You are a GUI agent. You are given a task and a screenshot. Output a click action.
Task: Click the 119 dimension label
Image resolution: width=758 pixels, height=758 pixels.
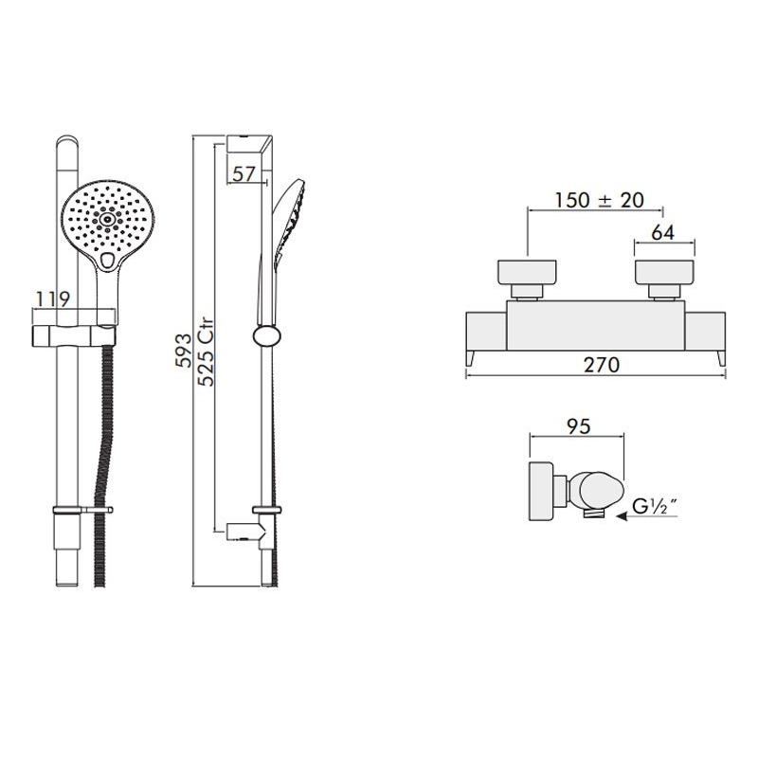[54, 298]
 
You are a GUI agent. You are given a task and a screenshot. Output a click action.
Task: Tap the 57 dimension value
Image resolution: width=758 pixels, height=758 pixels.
[244, 174]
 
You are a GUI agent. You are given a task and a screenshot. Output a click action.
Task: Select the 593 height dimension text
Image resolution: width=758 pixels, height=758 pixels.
[184, 350]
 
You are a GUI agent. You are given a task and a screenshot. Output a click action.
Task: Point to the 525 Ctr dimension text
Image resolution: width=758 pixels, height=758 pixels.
[206, 352]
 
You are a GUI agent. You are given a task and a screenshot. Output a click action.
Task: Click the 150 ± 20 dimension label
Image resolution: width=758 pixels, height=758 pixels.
[599, 200]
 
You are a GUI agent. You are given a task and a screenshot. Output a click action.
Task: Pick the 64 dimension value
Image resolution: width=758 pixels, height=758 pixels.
[662, 233]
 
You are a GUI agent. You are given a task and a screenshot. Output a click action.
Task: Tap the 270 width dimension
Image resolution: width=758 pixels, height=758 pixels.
[602, 365]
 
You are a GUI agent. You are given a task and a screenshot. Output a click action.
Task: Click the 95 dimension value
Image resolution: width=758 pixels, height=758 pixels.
[579, 425]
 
